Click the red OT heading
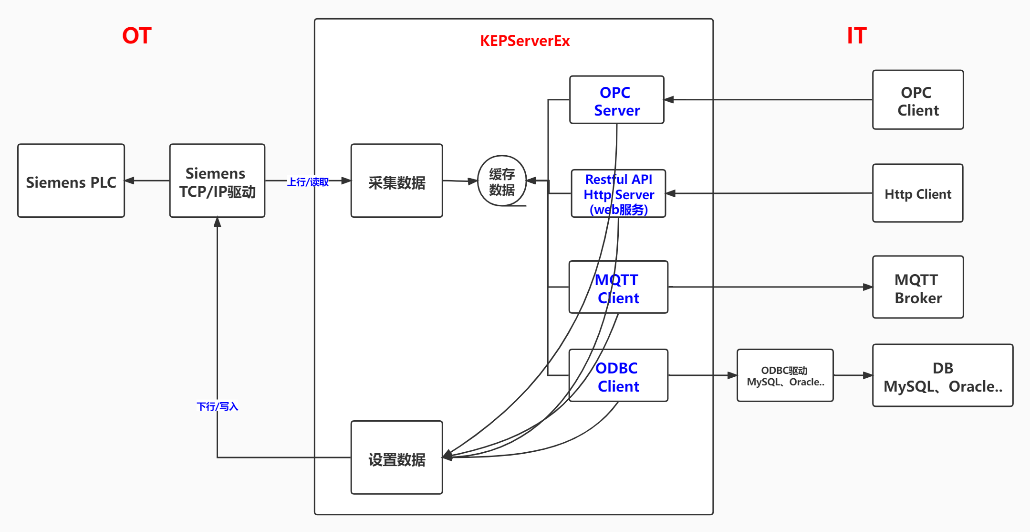coord(137,36)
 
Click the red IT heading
coord(857,36)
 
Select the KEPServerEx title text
coord(525,41)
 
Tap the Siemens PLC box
coord(71,181)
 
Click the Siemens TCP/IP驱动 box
coord(217,181)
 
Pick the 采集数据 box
coord(396,181)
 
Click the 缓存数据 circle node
coord(502,181)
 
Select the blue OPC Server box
coord(616,100)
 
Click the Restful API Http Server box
coord(618,193)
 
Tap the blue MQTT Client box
coord(618,287)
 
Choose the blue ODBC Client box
coord(618,376)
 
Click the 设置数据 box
coord(396,458)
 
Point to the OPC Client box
coord(918,100)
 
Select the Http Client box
coord(918,193)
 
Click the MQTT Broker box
coord(918,287)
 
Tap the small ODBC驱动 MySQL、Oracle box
coord(785,376)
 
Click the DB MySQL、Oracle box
coord(943,376)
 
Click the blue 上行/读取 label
coord(308,182)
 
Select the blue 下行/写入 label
coord(217,406)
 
